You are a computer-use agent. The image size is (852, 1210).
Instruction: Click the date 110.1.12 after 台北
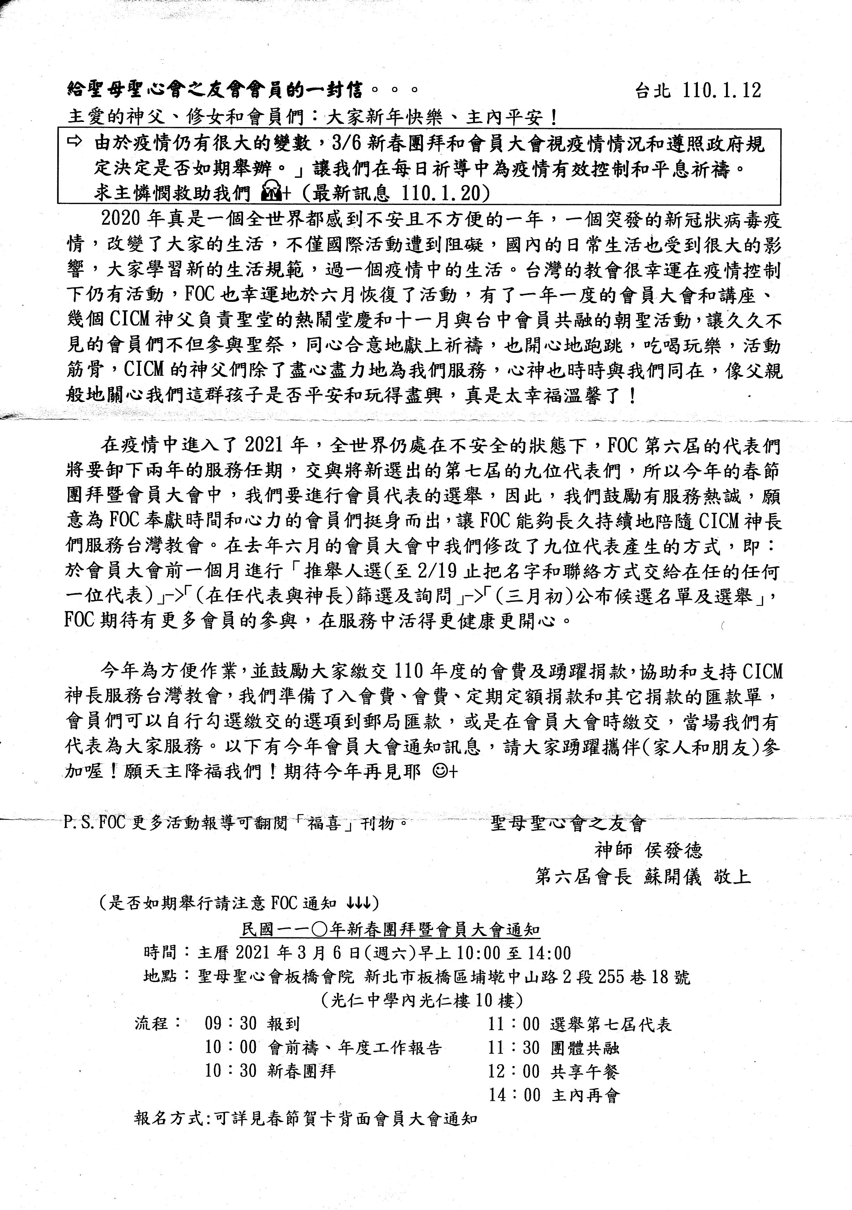(721, 91)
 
